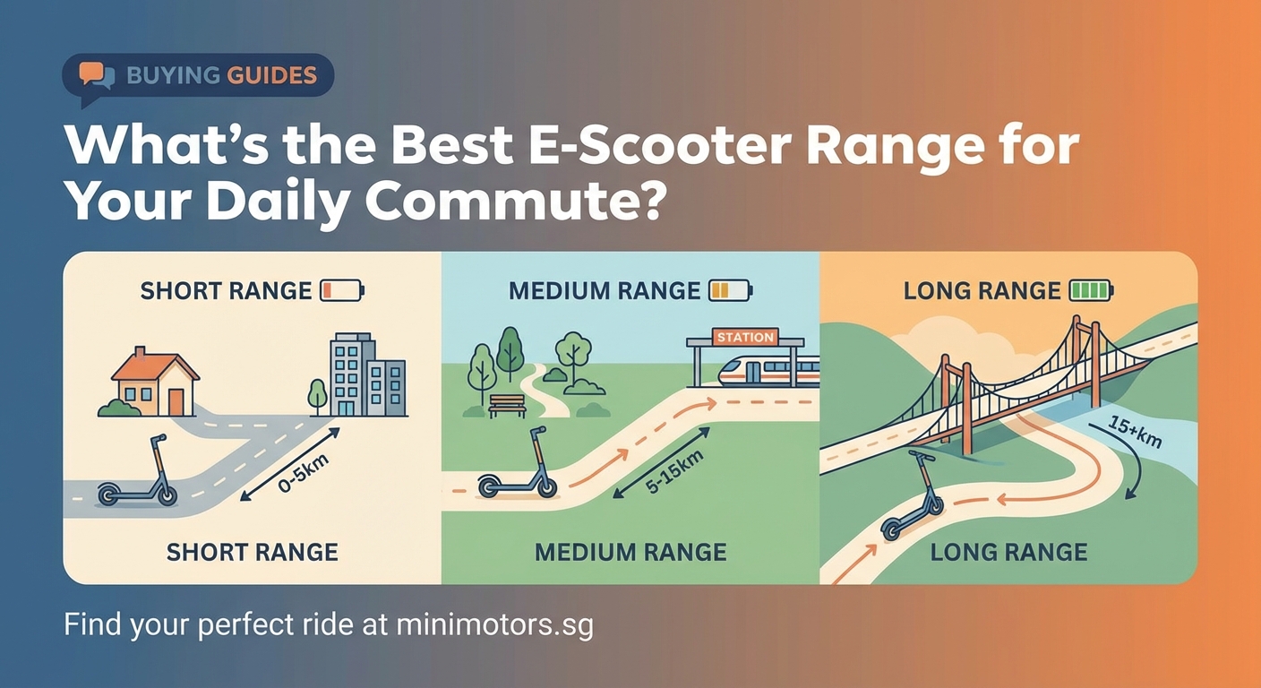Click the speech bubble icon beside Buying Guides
[97, 75]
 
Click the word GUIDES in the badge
[271, 75]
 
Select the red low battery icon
[341, 291]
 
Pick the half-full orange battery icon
[729, 291]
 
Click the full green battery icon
[1091, 291]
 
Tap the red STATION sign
[745, 337]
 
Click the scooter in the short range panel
[139, 477]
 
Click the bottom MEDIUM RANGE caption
[630, 552]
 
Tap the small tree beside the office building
[317, 395]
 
